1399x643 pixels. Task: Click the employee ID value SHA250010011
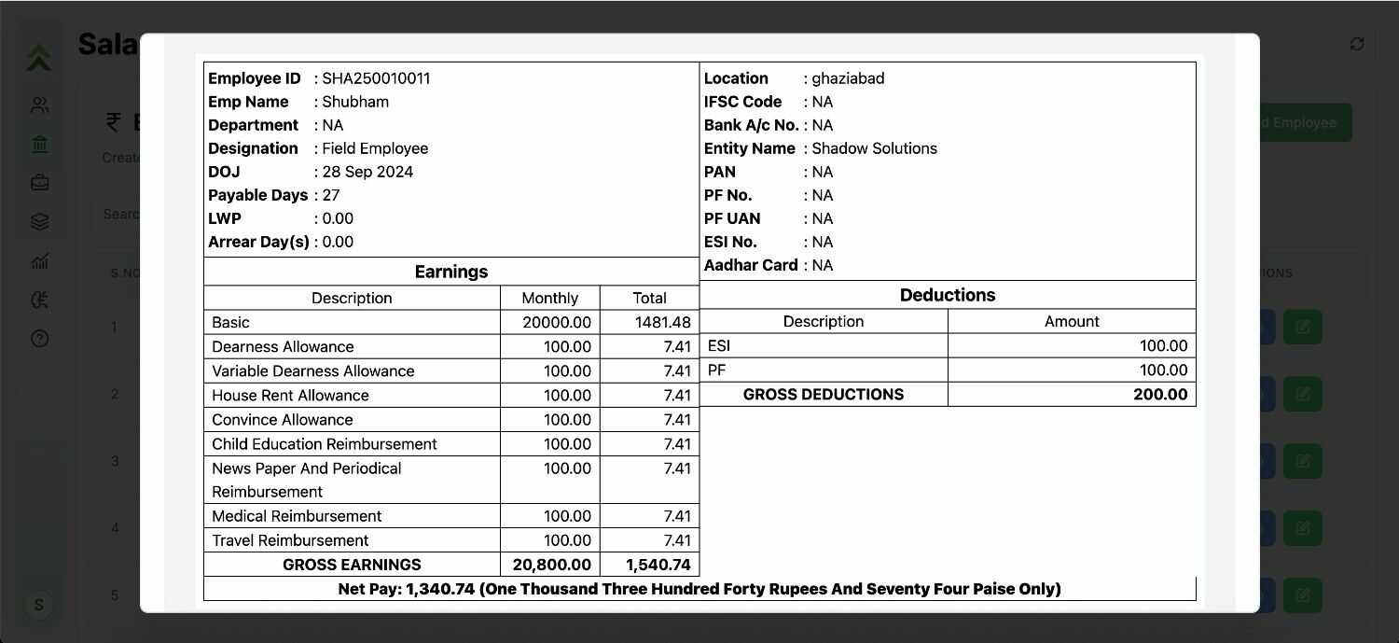pyautogui.click(x=376, y=78)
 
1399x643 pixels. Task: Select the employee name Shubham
pyautogui.click(x=355, y=102)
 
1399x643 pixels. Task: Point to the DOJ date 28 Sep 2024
pyautogui.click(x=367, y=172)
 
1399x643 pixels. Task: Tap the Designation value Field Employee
pyautogui.click(x=375, y=148)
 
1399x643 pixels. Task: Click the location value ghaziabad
pyautogui.click(x=848, y=78)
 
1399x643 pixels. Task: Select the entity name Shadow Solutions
pyautogui.click(x=874, y=148)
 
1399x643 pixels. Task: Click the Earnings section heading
pyautogui.click(x=451, y=272)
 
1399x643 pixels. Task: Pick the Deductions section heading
pyautogui.click(x=948, y=295)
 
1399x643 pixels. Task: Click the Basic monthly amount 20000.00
pyautogui.click(x=557, y=322)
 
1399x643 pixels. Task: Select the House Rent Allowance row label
pyautogui.click(x=290, y=395)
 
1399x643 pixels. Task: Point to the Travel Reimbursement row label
pyautogui.click(x=290, y=540)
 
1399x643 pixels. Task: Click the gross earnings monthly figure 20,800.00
pyautogui.click(x=551, y=565)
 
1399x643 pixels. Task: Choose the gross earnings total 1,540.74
pyautogui.click(x=658, y=565)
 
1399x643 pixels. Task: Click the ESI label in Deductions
pyautogui.click(x=719, y=345)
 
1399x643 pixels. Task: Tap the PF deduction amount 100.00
pyautogui.click(x=1163, y=370)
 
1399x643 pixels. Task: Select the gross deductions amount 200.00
pyautogui.click(x=1160, y=394)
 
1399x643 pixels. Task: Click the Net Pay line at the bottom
pyautogui.click(x=699, y=589)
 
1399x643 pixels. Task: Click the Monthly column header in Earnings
pyautogui.click(x=549, y=298)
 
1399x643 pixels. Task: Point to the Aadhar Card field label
pyautogui.click(x=751, y=265)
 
